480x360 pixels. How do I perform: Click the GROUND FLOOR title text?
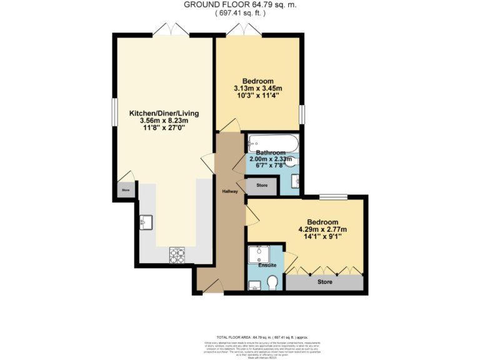239,4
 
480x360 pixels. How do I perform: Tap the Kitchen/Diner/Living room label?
164,113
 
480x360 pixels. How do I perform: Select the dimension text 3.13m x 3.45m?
257,88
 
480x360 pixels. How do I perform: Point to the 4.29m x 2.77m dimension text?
322,229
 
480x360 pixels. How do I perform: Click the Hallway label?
229,191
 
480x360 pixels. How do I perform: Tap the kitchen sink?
147,221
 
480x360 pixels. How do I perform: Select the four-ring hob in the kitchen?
177,255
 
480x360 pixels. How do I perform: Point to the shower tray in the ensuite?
257,254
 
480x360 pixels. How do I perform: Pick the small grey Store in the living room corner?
125,190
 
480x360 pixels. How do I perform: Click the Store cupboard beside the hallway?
262,186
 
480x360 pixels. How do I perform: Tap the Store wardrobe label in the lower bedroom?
325,282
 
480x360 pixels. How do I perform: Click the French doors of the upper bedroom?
244,29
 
